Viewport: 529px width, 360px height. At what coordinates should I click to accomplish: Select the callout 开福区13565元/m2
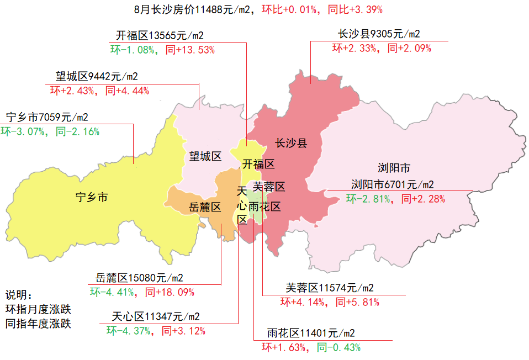click(x=160, y=36)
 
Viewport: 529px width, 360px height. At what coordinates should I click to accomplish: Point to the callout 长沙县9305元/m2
click(x=379, y=34)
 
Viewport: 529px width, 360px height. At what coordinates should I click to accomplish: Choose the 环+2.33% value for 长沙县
click(x=355, y=48)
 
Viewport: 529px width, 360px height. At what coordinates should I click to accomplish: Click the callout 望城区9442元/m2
click(x=97, y=76)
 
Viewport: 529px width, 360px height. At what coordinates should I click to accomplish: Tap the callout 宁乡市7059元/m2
click(x=47, y=117)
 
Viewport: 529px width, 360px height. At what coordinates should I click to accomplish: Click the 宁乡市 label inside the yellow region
click(x=92, y=197)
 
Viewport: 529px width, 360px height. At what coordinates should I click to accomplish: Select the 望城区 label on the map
click(x=205, y=156)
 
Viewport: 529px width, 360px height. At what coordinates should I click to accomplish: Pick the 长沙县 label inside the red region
click(x=291, y=144)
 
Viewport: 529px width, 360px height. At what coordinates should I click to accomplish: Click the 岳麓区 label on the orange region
click(x=205, y=207)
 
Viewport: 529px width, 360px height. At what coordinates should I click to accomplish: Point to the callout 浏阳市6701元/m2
click(x=392, y=184)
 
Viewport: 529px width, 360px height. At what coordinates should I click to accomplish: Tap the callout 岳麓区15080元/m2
click(x=140, y=277)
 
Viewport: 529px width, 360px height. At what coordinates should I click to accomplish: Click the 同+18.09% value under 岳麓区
click(x=170, y=292)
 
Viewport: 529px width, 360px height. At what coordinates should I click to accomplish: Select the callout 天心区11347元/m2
click(x=156, y=316)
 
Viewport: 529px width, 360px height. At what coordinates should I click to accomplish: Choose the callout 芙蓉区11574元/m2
click(x=330, y=288)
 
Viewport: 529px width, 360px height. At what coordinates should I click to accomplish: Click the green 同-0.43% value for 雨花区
click(x=338, y=347)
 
